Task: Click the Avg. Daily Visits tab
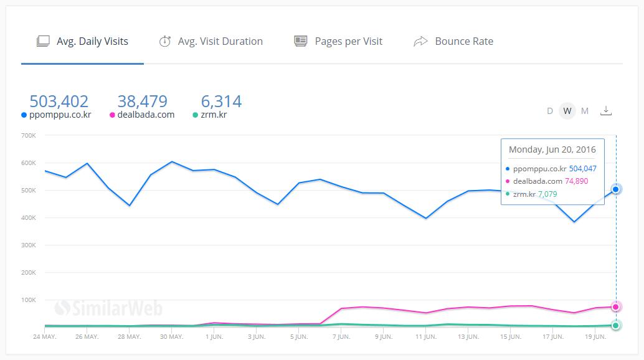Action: click(x=83, y=42)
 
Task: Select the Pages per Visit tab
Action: click(x=338, y=42)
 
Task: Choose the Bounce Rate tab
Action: click(x=453, y=42)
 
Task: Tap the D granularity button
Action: click(x=550, y=111)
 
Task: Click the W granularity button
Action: click(x=567, y=111)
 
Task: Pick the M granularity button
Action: click(x=585, y=111)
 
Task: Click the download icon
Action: click(x=606, y=110)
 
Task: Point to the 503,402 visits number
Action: click(x=59, y=101)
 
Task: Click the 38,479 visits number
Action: click(x=142, y=101)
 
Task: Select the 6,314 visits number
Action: click(x=221, y=101)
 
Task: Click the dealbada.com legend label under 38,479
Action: click(x=146, y=115)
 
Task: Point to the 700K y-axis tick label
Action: click(x=29, y=135)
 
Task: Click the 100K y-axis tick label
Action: click(x=29, y=300)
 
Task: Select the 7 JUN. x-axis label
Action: click(x=341, y=337)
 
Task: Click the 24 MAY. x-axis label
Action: click(x=44, y=337)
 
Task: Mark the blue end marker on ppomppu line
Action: click(x=616, y=189)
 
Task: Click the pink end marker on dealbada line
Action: click(x=616, y=306)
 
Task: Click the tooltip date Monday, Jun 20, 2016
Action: click(x=552, y=149)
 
